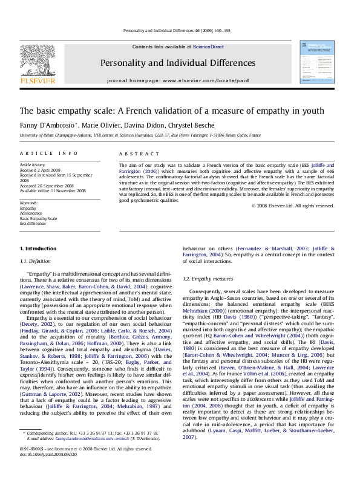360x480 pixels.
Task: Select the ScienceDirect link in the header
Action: (208, 47)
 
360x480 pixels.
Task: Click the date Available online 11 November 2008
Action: (53, 191)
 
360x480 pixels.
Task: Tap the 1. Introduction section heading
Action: (38, 249)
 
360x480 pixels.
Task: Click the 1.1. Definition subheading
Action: (36, 261)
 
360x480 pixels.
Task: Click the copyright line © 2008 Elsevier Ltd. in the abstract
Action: (293, 206)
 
